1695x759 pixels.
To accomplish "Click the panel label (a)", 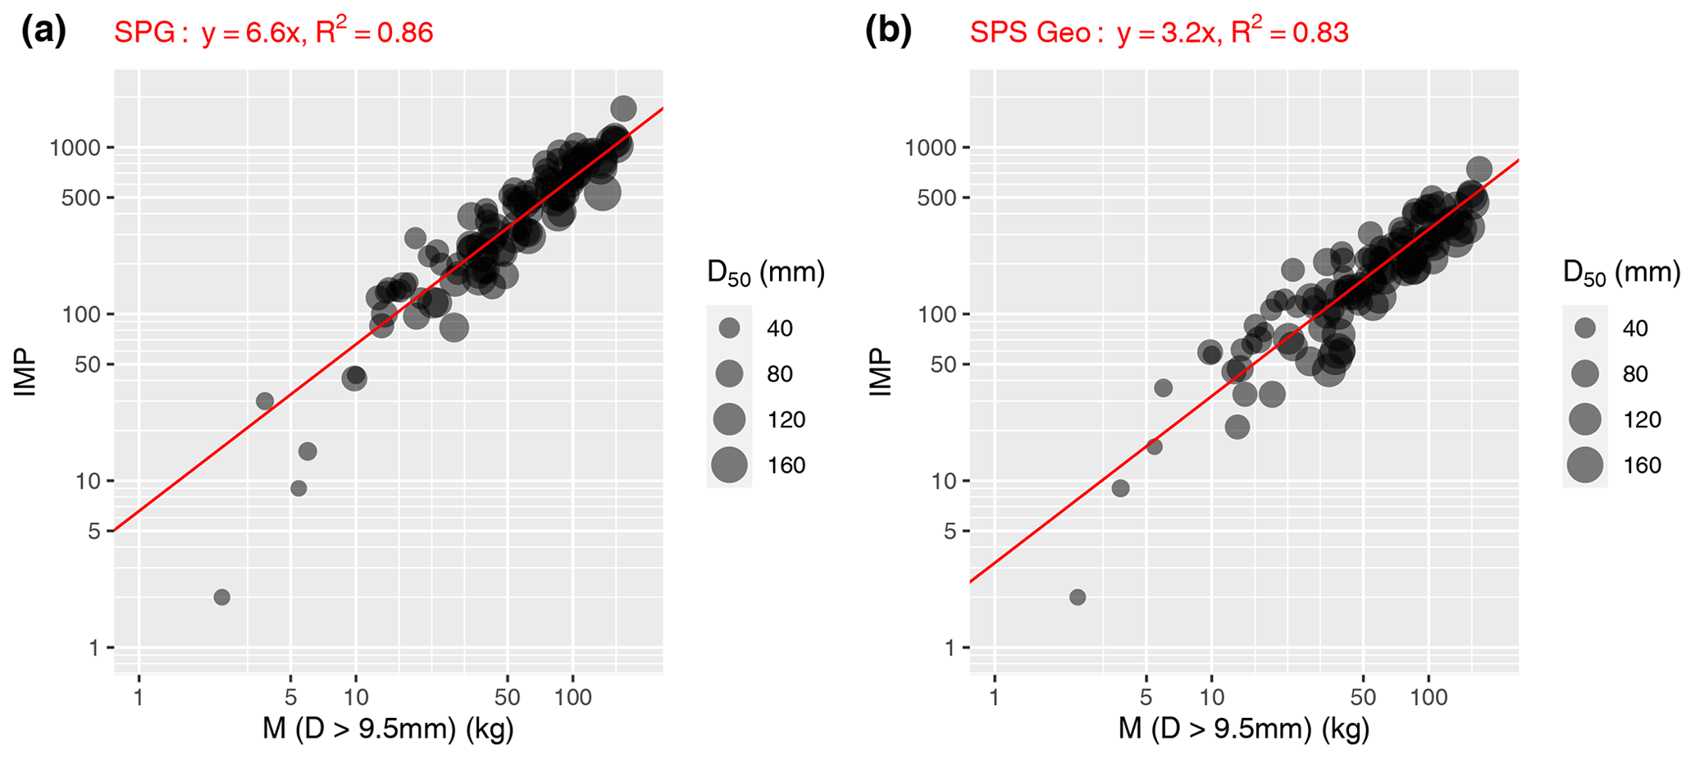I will click(x=43, y=31).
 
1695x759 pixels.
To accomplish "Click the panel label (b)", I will click(x=888, y=31).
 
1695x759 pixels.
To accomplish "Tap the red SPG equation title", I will click(x=273, y=32).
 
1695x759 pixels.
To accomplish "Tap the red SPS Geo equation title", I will click(x=1159, y=32).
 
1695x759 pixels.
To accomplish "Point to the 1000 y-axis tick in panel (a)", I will click(x=75, y=148).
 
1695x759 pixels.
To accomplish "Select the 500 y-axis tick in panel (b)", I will click(x=931, y=198).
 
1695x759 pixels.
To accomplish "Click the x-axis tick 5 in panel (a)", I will click(x=290, y=698).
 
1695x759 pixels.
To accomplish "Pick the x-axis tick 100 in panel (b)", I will click(x=1428, y=698).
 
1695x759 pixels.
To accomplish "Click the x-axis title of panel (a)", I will click(x=388, y=729).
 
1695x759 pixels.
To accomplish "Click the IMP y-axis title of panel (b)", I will click(x=880, y=372).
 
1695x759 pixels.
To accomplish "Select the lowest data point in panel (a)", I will click(x=221, y=597).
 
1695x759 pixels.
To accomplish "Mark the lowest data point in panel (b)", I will click(x=1078, y=597).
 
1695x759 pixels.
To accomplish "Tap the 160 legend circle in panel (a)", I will click(x=729, y=465).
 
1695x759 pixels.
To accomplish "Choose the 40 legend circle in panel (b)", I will click(x=1585, y=328).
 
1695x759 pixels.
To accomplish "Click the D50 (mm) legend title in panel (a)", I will click(x=765, y=273).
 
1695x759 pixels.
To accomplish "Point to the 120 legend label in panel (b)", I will click(x=1642, y=420).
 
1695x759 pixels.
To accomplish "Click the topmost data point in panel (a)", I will click(x=623, y=108).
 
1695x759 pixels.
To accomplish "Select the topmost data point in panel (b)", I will click(x=1479, y=170).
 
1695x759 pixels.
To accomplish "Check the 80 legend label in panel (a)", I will click(x=779, y=374).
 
